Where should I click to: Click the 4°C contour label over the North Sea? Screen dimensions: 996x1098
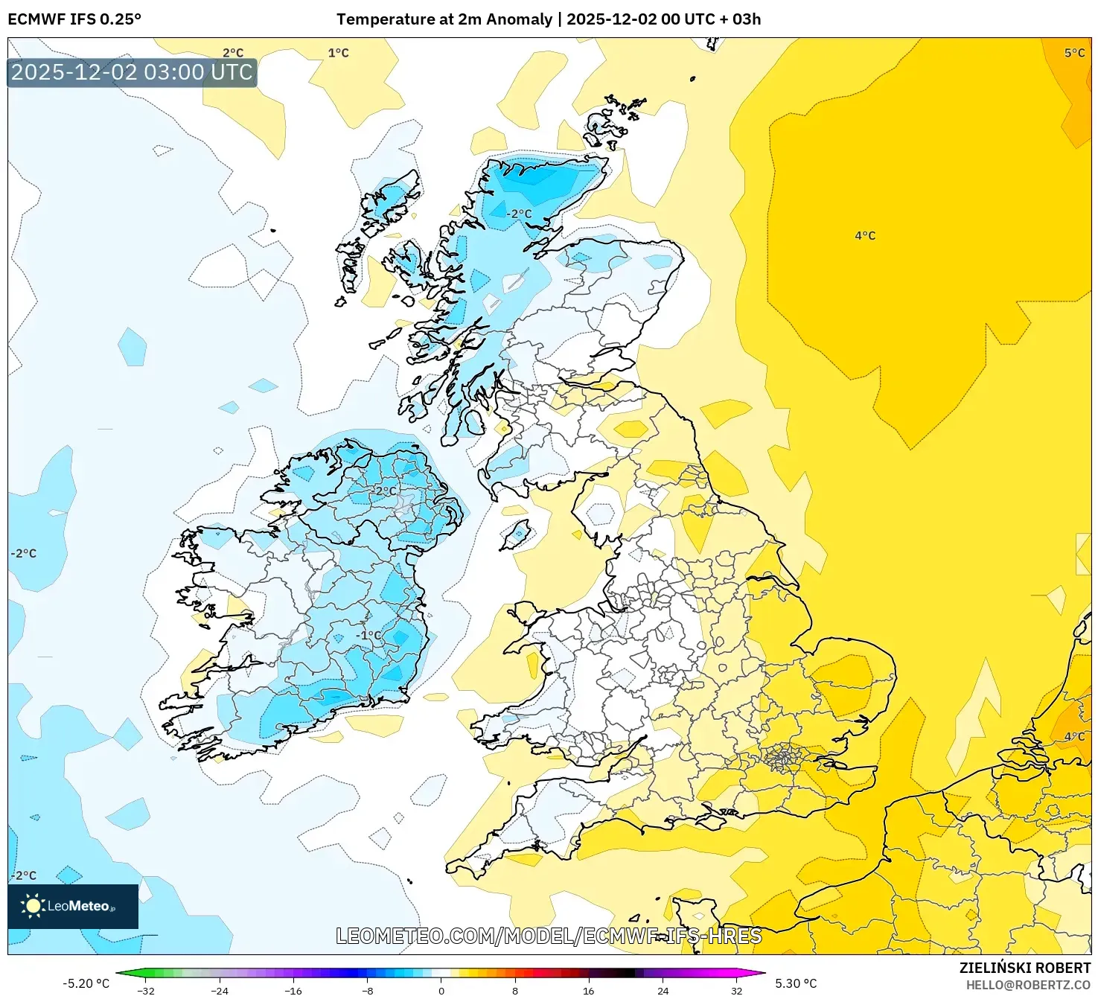click(x=865, y=236)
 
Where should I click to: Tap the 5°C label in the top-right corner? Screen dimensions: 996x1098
click(x=1074, y=53)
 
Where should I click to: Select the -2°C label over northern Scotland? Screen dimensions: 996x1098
click(x=520, y=214)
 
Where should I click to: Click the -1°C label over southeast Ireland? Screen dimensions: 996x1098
click(x=368, y=635)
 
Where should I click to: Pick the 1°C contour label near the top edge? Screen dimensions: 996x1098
click(x=338, y=53)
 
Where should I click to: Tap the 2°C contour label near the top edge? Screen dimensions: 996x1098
click(x=233, y=53)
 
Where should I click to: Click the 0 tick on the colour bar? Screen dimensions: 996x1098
click(x=441, y=990)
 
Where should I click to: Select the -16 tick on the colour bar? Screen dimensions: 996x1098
click(x=294, y=990)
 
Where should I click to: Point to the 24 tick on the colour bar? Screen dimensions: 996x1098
click(x=663, y=990)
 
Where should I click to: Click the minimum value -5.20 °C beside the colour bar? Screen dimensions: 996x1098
click(x=86, y=983)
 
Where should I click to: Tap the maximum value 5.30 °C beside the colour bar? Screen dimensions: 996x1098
click(x=796, y=983)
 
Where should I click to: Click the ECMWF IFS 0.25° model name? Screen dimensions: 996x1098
click(x=74, y=19)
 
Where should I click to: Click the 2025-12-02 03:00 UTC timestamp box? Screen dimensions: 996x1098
click(x=132, y=72)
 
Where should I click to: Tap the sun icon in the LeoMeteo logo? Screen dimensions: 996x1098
click(x=33, y=906)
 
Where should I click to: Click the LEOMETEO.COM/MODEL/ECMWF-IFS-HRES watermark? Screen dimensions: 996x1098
click(x=549, y=936)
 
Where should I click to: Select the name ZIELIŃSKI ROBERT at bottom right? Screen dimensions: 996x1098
click(x=1024, y=968)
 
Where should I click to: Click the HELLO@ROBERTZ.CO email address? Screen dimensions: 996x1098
click(x=1028, y=985)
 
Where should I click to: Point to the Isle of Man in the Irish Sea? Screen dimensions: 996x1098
click(x=516, y=534)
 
